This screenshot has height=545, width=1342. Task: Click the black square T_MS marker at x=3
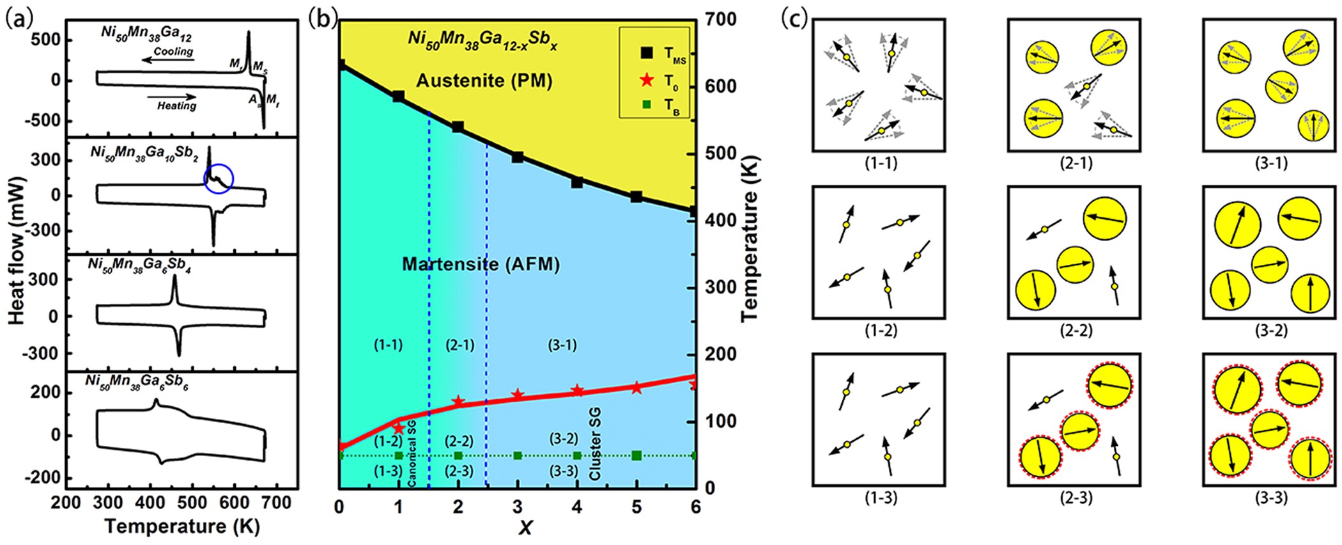click(x=518, y=157)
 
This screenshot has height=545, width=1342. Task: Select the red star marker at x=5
click(x=636, y=388)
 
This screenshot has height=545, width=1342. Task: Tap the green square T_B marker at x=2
click(x=458, y=455)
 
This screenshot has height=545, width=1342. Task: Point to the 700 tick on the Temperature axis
click(x=720, y=20)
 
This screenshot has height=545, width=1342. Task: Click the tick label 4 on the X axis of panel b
click(x=577, y=507)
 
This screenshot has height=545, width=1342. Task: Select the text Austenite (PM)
click(x=484, y=81)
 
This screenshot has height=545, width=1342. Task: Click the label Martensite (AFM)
click(x=481, y=264)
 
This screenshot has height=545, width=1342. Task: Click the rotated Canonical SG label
click(x=412, y=453)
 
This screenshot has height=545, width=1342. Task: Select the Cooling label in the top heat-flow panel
click(x=173, y=51)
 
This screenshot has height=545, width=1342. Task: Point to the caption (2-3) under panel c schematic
click(x=1076, y=497)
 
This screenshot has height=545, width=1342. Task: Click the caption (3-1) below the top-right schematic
click(x=1271, y=162)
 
